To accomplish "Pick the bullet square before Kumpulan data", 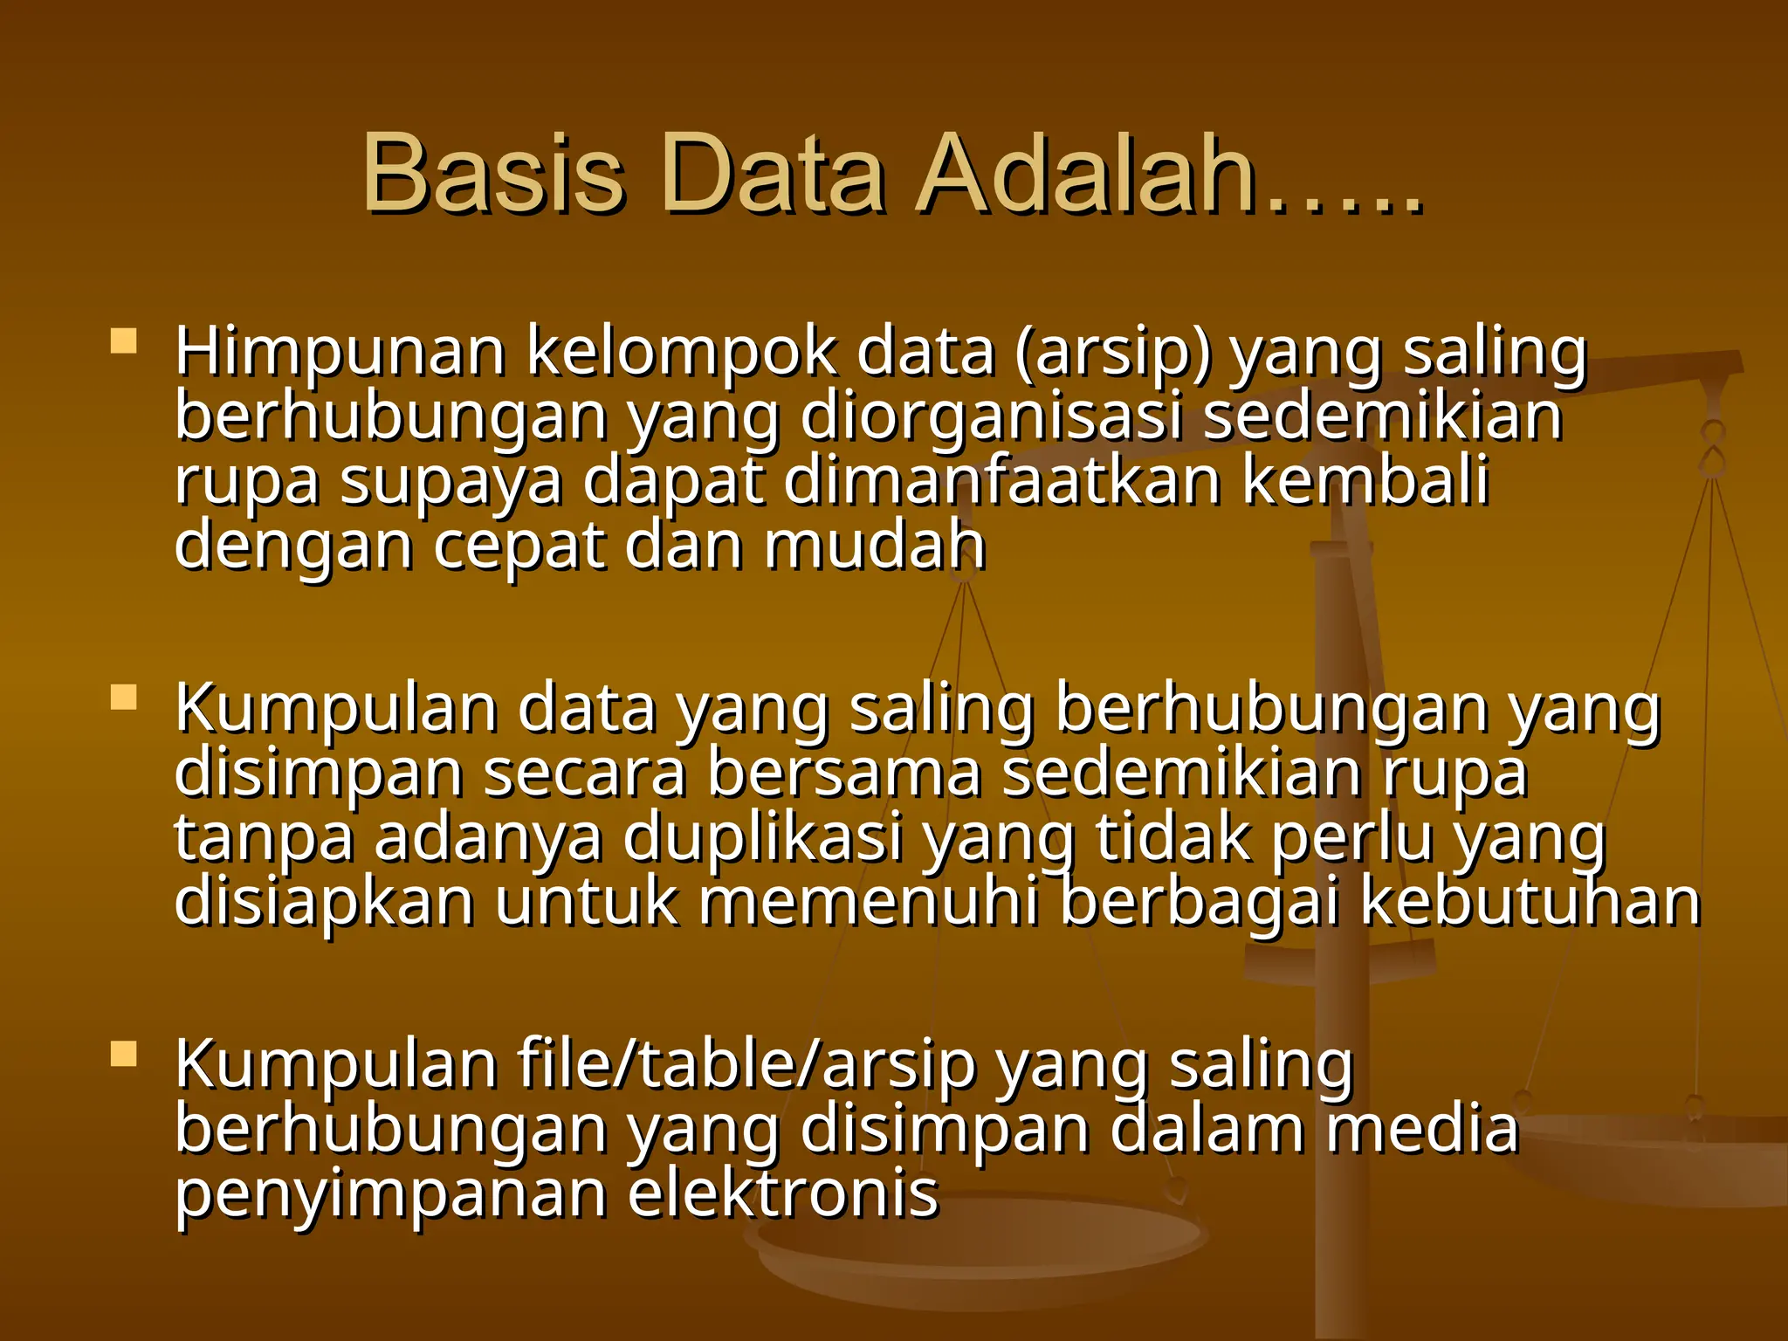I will [124, 698].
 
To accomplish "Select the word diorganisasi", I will [991, 417].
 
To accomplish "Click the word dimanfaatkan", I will [1002, 481].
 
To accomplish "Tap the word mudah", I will [875, 546].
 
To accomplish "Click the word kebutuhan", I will [1530, 902].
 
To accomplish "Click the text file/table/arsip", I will [746, 1066].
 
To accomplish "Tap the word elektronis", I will [783, 1193].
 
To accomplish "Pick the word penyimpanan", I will [391, 1195].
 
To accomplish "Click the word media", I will [1422, 1129].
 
